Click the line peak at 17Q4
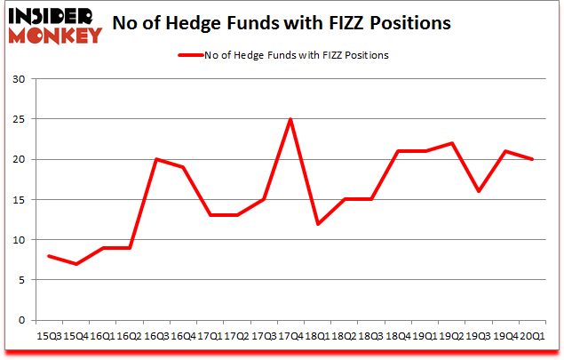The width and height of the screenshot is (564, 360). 290,119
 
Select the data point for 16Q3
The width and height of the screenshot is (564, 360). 156,159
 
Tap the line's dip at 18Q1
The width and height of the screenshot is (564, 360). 317,224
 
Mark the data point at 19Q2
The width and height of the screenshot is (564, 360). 451,143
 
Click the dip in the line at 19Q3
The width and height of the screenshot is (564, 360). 478,191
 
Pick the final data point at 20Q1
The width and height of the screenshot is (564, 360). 531,159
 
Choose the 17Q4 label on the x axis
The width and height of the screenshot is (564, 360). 290,336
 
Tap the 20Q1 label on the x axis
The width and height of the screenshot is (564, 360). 531,336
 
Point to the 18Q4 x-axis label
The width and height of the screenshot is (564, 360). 397,336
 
